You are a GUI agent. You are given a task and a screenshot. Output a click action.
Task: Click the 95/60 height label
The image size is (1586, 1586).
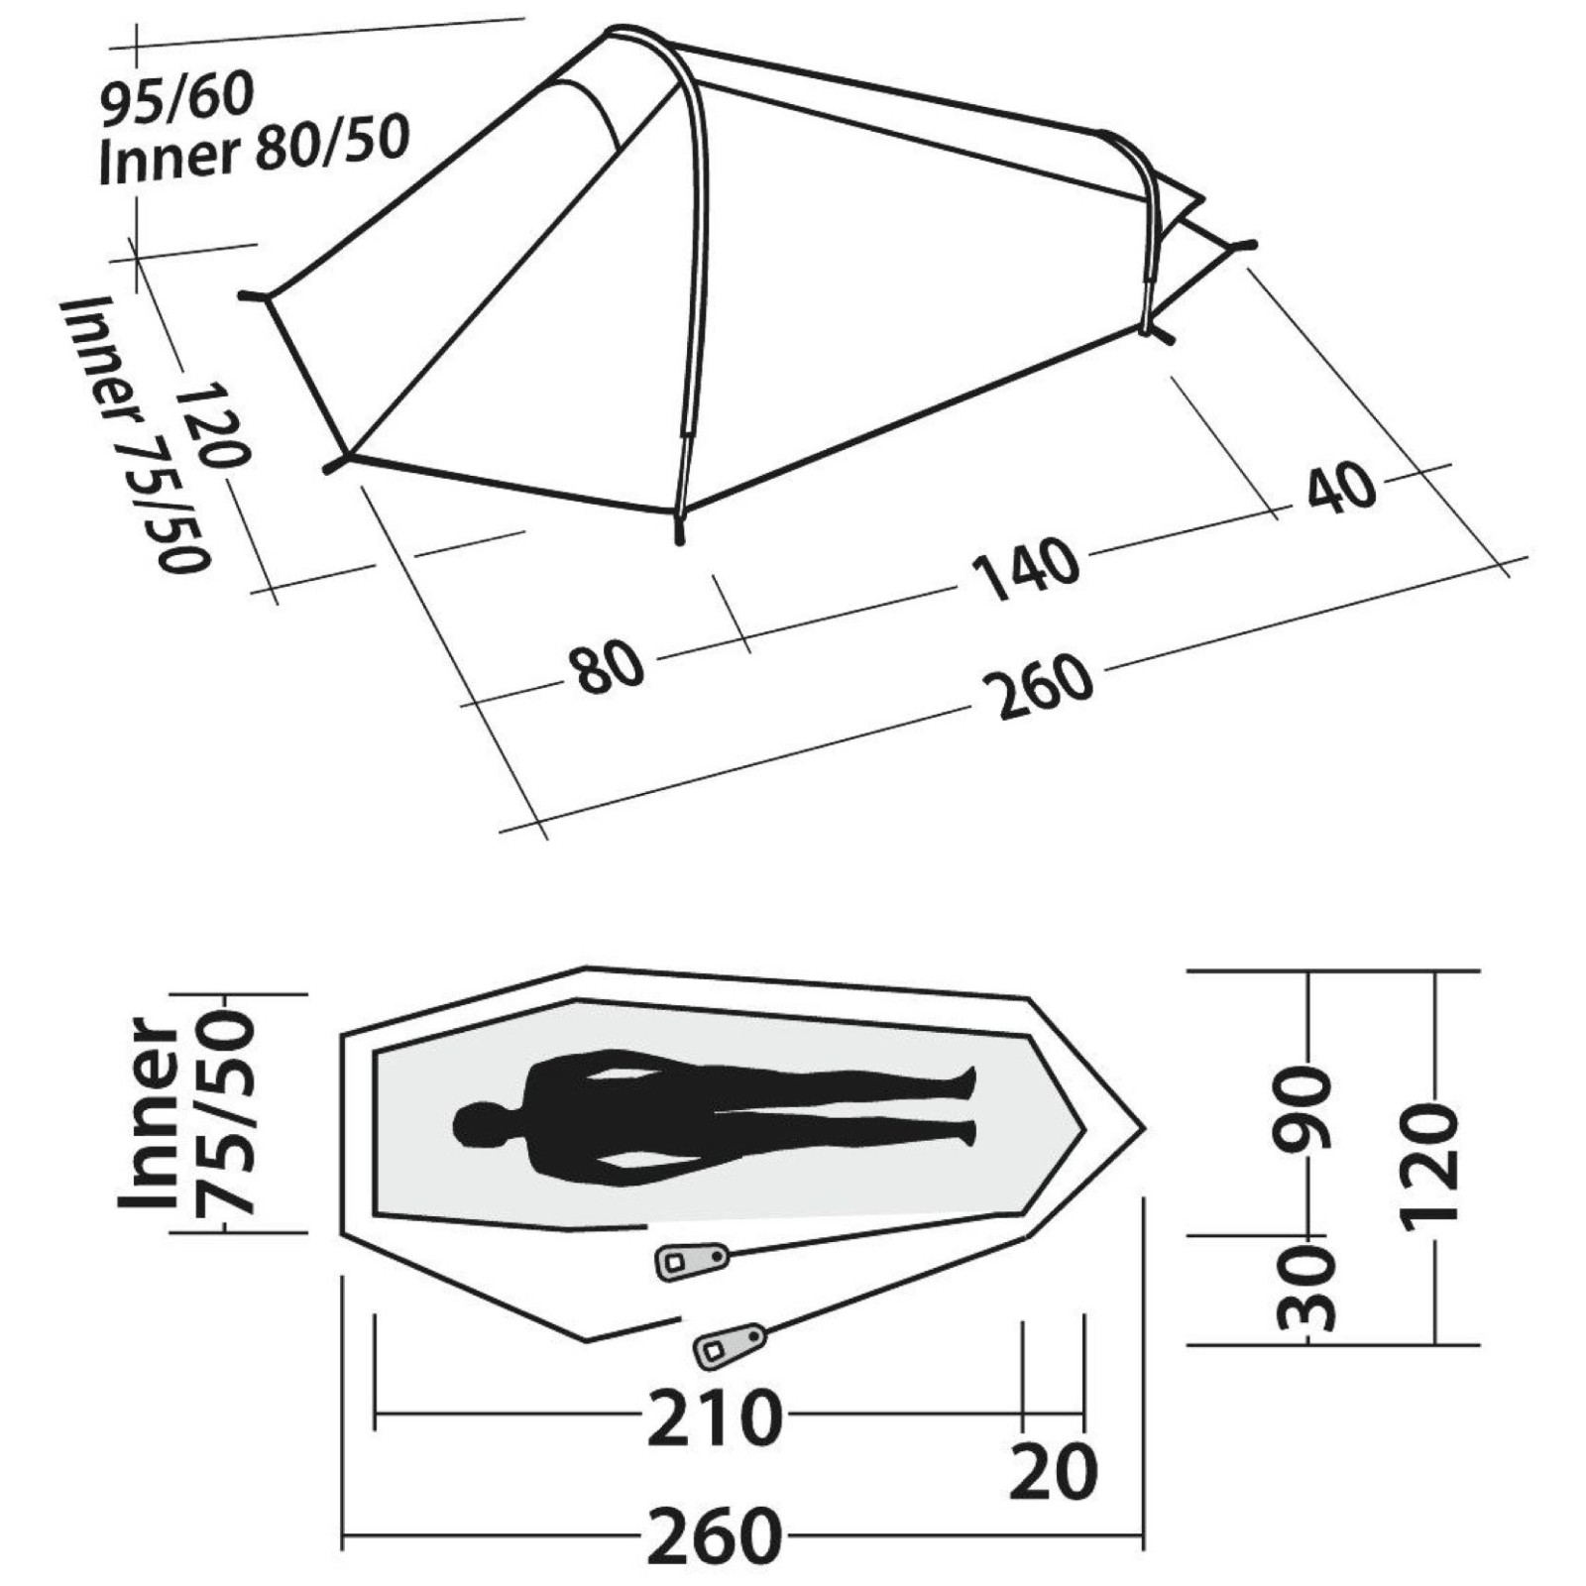click(178, 97)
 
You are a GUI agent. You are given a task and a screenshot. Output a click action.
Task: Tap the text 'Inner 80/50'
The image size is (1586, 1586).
click(254, 152)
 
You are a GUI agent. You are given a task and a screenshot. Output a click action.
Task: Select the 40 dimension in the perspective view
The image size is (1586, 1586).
click(1342, 488)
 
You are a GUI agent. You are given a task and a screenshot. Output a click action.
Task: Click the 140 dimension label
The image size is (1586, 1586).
click(1025, 571)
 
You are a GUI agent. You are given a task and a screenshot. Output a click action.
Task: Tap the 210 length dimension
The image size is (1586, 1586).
click(715, 1417)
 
